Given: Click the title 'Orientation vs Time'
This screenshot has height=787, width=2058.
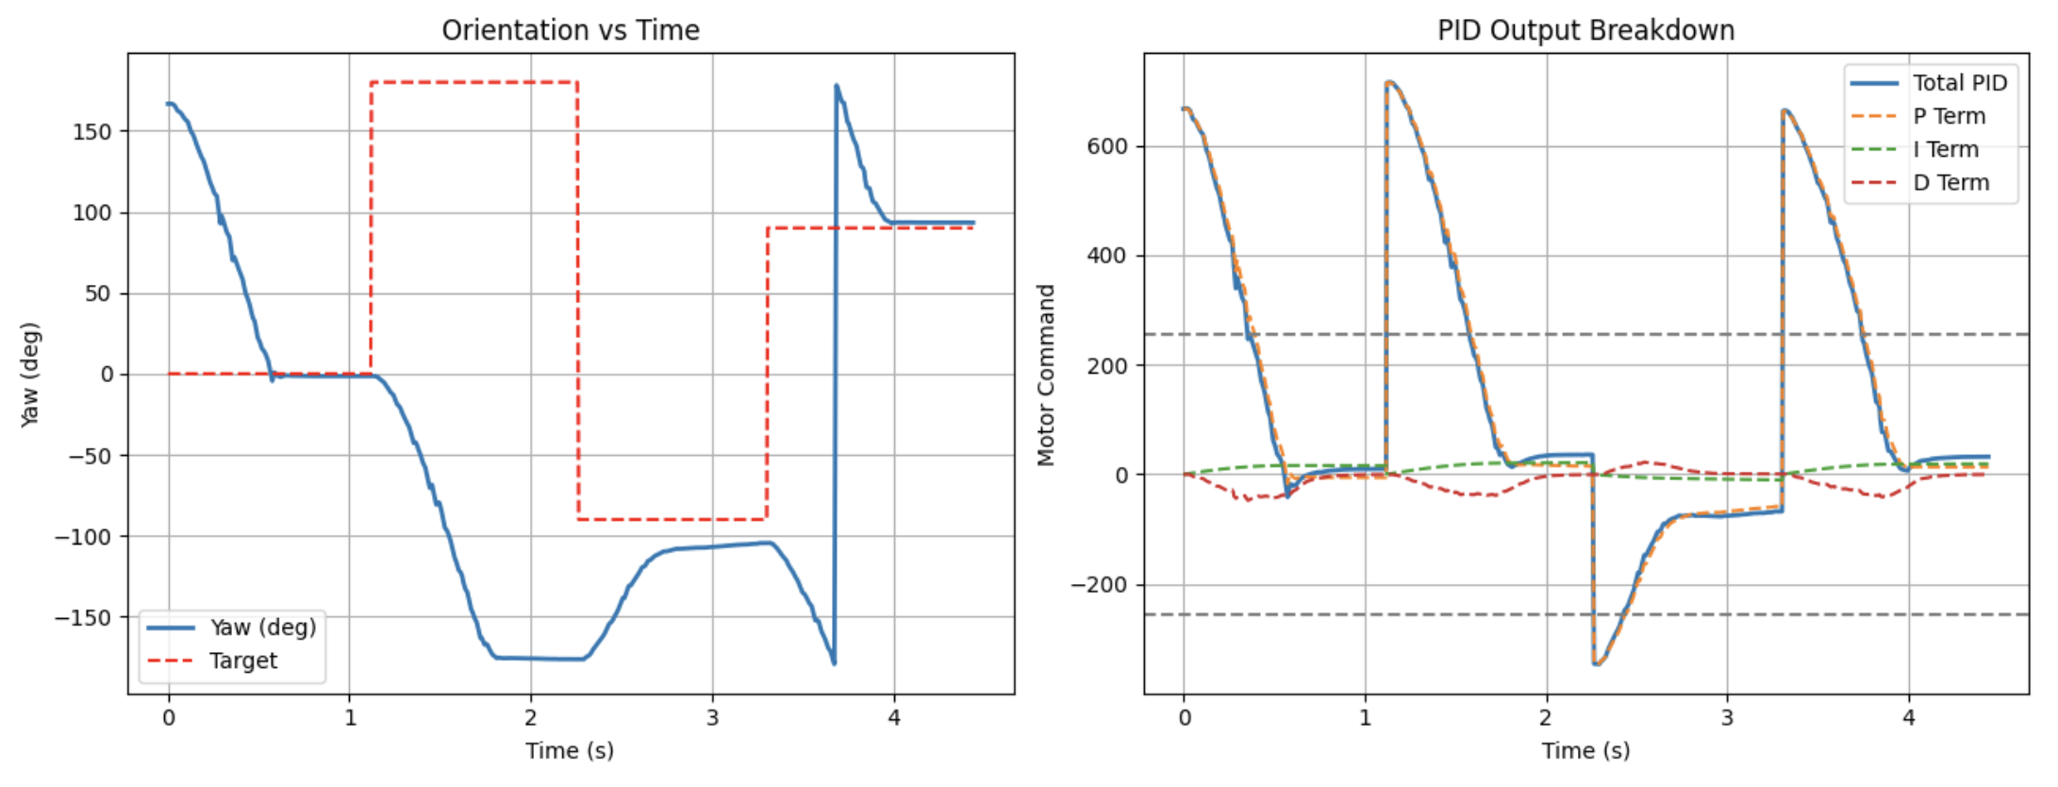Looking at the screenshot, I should coord(571,30).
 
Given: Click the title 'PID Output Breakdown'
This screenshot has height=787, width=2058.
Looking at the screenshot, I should coord(1585,30).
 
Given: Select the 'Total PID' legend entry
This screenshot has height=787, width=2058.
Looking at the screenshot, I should coord(1959,83).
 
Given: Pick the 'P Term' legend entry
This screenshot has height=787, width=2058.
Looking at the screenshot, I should coord(1949,116).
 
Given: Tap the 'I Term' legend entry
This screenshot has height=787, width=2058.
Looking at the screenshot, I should coord(1945,149).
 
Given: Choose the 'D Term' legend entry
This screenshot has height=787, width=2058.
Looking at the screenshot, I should coord(1950,182).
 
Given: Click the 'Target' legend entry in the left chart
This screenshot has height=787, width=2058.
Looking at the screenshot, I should coord(243,661).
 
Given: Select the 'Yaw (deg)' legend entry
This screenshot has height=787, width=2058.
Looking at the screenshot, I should coord(262,628).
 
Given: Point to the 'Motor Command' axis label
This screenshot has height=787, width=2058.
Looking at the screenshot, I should coord(1045,375).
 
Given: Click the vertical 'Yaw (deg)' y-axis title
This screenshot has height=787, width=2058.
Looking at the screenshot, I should coord(29,375).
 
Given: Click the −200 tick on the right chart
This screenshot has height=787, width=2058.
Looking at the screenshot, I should coord(1099,585).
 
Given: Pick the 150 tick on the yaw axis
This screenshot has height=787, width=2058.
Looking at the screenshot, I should coord(92,131).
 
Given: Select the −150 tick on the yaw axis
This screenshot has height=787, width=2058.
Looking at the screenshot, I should coord(85,618).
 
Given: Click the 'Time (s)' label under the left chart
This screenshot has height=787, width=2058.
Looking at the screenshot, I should coord(570,751).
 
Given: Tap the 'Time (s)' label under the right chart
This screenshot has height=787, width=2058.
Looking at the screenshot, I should coord(1585,751).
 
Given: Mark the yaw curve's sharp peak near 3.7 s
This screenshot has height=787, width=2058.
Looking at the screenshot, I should coord(836,86).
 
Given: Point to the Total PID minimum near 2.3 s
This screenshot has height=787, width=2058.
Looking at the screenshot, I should coord(1596,664).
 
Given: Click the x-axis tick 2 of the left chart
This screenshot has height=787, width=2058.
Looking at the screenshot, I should coord(531,718).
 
